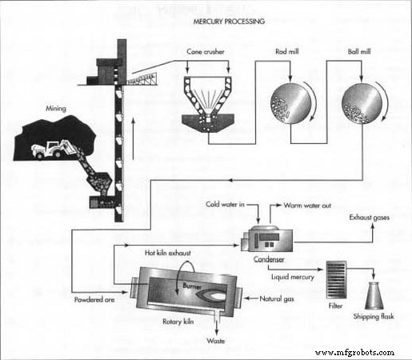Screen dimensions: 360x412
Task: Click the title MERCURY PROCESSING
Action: point(207,21)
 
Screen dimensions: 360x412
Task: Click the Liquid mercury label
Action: point(293,277)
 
